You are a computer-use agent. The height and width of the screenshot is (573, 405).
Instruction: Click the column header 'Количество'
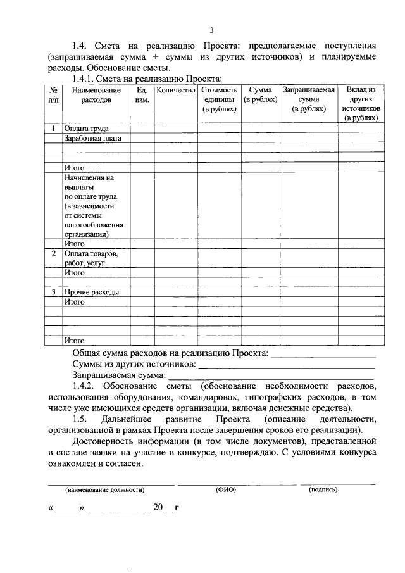tap(175, 91)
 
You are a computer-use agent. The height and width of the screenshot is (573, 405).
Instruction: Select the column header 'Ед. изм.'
tap(142, 95)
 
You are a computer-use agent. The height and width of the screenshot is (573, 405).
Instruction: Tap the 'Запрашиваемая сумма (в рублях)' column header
tap(309, 99)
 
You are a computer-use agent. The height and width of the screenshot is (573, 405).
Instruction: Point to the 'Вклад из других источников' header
tap(361, 104)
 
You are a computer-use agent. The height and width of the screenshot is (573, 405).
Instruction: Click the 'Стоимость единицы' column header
tap(219, 99)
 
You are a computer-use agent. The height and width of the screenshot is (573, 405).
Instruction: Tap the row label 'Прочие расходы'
tap(92, 293)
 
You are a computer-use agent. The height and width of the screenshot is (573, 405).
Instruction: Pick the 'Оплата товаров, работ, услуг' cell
tap(91, 258)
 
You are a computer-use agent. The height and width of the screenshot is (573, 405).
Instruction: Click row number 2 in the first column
tap(54, 254)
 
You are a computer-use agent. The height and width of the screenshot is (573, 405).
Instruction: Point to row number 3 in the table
tap(54, 293)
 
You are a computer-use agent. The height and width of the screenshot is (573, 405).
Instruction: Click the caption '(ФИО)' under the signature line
tap(225, 489)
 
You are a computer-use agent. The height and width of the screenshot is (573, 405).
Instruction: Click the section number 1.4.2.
tap(84, 386)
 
